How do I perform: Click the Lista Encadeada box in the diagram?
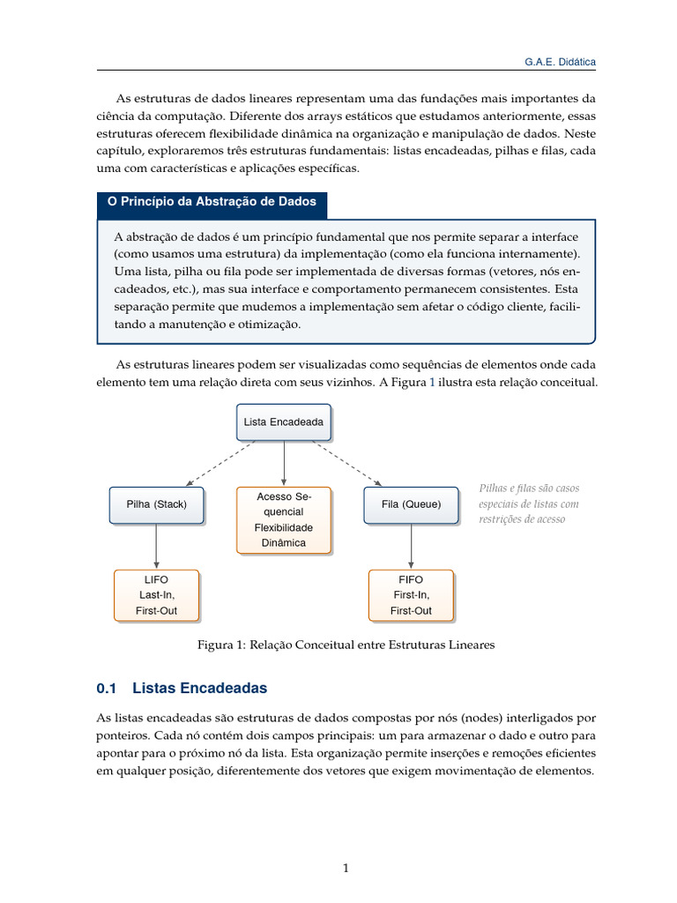[283, 422]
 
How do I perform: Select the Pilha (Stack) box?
[156, 504]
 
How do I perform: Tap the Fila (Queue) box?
[411, 504]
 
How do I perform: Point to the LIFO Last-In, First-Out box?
[156, 595]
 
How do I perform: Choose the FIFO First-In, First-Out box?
[411, 595]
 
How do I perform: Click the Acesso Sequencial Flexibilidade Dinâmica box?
[283, 520]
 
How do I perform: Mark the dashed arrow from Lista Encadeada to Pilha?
[220, 463]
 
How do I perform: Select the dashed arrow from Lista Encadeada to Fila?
[347, 463]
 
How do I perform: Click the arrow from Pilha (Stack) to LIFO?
[156, 547]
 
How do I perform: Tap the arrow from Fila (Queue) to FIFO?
[411, 547]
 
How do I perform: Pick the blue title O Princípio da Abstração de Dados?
[212, 202]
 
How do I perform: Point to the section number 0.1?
[107, 688]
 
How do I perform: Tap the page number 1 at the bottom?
[346, 868]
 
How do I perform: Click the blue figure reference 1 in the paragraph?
[432, 383]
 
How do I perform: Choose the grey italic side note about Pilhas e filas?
[529, 504]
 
